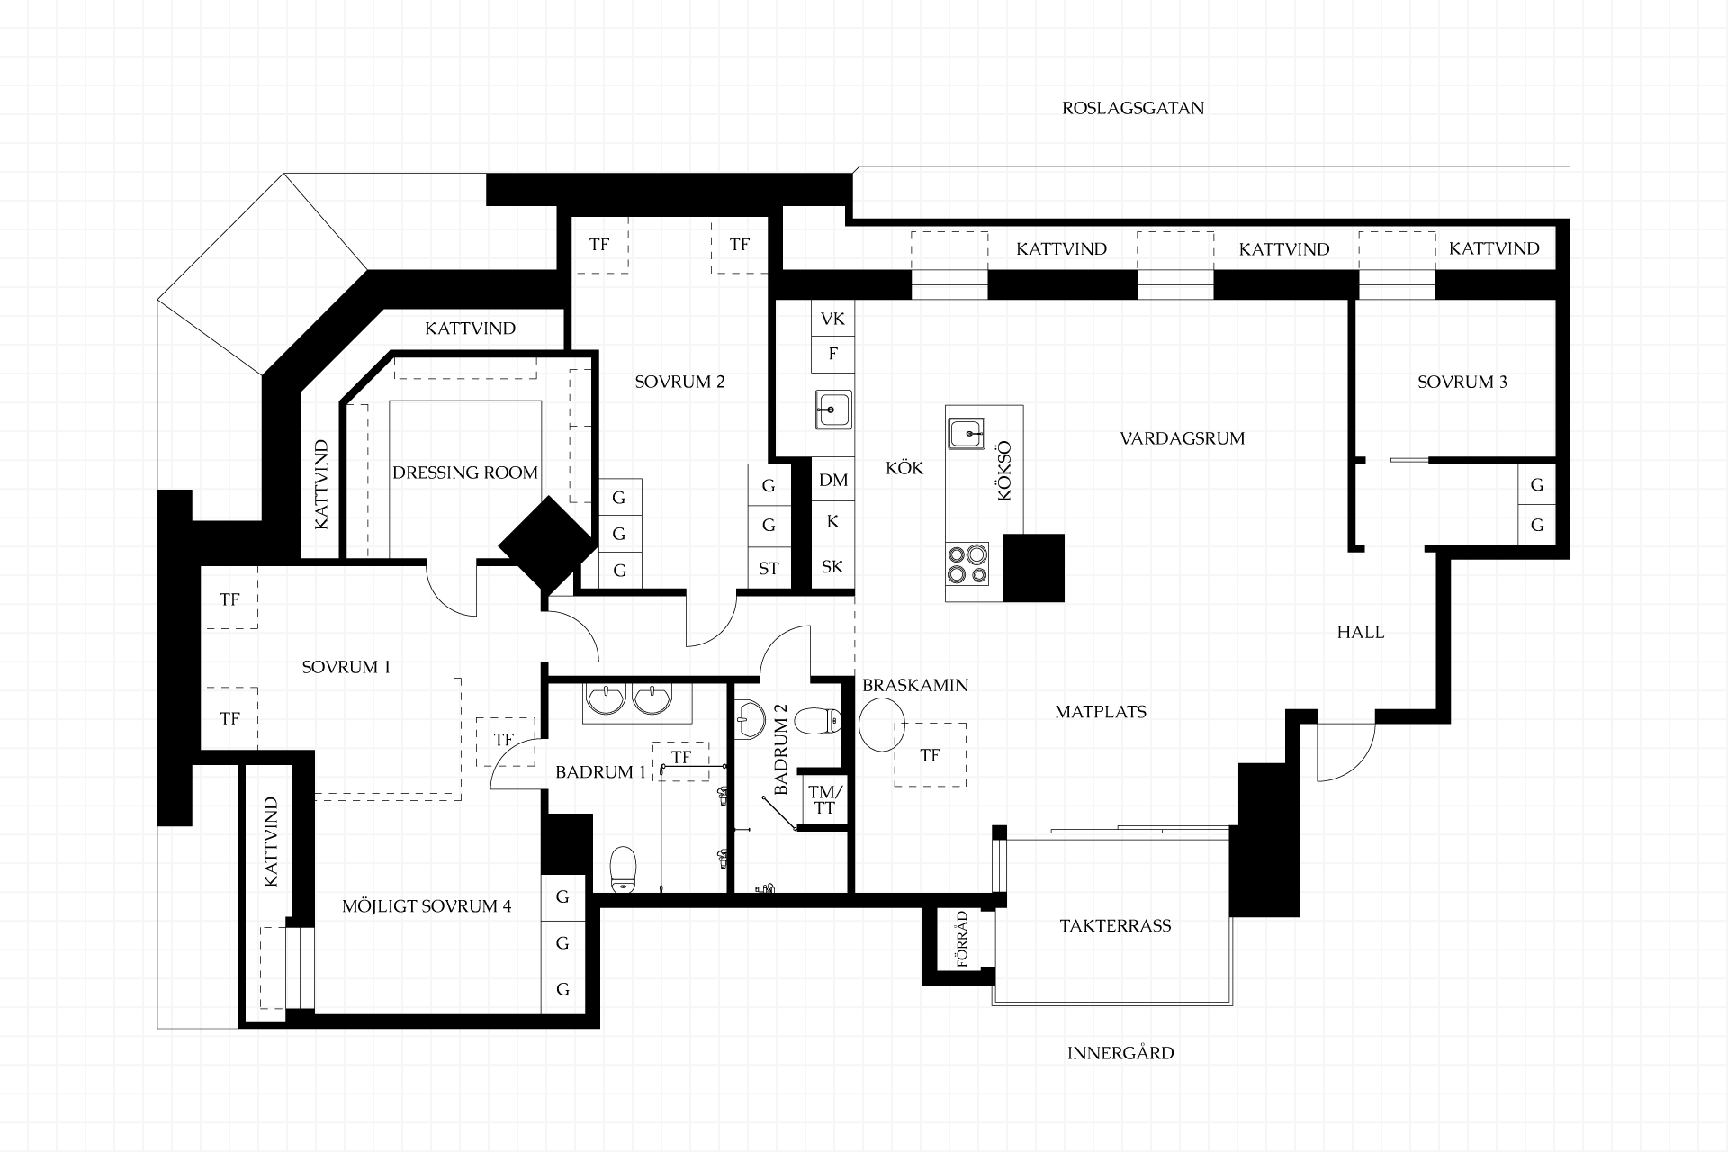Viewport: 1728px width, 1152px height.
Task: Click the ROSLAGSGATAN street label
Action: (1133, 109)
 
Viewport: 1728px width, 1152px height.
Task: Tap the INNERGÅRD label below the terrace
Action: (1120, 1052)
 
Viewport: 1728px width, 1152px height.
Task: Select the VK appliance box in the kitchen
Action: (832, 319)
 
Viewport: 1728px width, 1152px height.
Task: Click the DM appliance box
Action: (833, 480)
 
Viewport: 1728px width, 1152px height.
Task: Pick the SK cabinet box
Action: (833, 567)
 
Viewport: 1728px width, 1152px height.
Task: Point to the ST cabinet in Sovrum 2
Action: (769, 568)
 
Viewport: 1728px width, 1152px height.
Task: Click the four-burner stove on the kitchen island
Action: (967, 564)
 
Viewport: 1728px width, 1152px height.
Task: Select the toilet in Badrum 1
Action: (623, 868)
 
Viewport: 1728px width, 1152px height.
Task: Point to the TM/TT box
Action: (824, 799)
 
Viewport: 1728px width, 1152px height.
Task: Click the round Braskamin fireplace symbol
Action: (881, 725)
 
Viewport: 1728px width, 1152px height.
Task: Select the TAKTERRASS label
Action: (1115, 925)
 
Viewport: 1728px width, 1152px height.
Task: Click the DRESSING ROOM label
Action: (465, 472)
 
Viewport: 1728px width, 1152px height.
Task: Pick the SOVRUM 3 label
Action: (1462, 382)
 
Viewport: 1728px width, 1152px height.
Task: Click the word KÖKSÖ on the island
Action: (1005, 471)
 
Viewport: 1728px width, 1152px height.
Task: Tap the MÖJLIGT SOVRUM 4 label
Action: (427, 906)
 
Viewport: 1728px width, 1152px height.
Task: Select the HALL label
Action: (1361, 632)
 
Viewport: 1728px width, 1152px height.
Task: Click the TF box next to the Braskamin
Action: (930, 755)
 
